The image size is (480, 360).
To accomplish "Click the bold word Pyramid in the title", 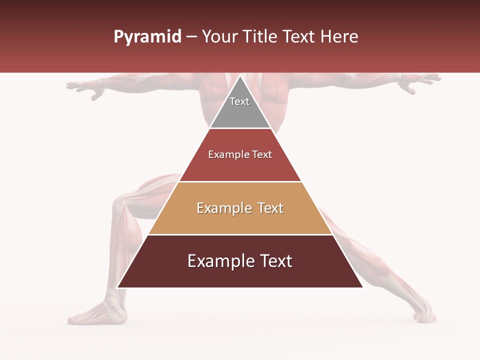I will pos(147,37).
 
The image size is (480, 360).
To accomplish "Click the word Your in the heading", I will pos(220,37).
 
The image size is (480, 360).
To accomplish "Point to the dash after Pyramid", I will pos(191,37).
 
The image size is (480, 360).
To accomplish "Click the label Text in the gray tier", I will pos(239,101).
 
